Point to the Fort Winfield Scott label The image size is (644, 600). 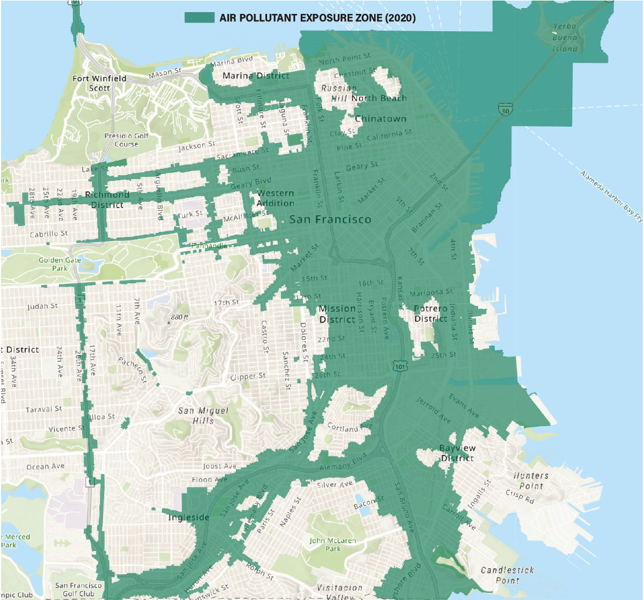click(92, 83)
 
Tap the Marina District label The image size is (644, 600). click(256, 76)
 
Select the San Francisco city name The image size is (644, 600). click(330, 220)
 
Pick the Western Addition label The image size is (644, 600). click(275, 198)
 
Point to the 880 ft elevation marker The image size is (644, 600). click(177, 317)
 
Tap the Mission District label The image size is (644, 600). click(338, 314)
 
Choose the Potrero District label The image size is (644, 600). click(431, 313)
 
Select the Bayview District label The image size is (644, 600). click(457, 453)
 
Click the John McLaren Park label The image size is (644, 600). click(332, 545)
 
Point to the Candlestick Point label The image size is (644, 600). click(507, 575)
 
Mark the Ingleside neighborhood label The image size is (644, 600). click(188, 517)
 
